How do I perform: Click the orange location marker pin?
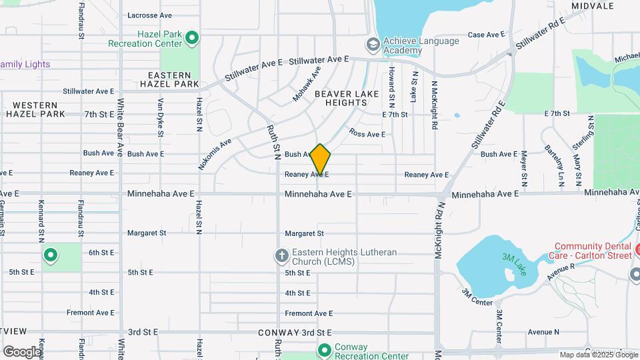tap(321, 160)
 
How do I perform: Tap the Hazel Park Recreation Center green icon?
tap(192, 38)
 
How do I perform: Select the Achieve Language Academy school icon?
tap(373, 45)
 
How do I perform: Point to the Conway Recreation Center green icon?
tap(325, 350)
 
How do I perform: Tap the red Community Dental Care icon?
tap(637, 250)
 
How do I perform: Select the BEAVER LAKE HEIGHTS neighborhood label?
tap(347, 99)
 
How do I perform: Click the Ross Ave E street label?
tap(367, 134)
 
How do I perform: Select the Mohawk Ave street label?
tap(307, 84)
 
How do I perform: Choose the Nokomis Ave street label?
tap(215, 154)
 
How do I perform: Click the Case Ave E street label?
tap(485, 35)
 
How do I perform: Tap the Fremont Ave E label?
tap(309, 313)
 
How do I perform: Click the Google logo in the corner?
tap(21, 351)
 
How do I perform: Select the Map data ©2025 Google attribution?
tap(598, 355)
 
